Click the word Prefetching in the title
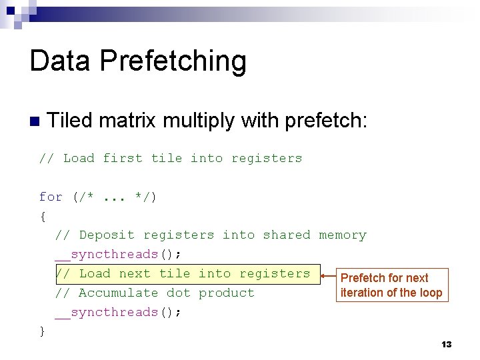click(x=173, y=61)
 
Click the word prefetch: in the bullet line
click(x=326, y=121)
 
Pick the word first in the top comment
click(x=122, y=158)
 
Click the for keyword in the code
click(x=51, y=197)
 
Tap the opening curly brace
click(x=43, y=216)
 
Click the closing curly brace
click(x=43, y=331)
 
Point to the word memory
click(x=343, y=235)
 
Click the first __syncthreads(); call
click(x=119, y=254)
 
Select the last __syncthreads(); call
click(x=119, y=312)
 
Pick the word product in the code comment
click(x=227, y=293)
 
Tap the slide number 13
click(x=447, y=344)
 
